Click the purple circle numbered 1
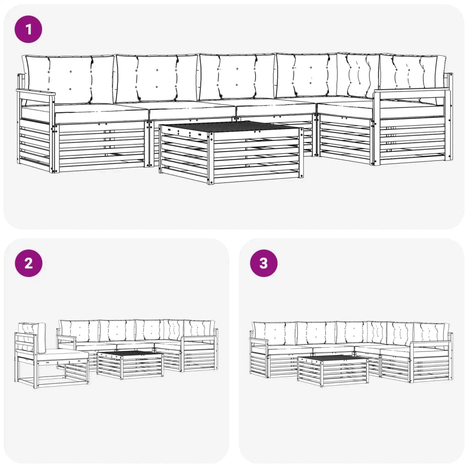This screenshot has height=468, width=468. [28, 30]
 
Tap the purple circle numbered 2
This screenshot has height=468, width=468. [28, 263]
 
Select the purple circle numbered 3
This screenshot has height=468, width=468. [263, 263]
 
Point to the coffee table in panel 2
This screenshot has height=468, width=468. [130, 364]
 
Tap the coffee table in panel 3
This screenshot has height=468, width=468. [332, 370]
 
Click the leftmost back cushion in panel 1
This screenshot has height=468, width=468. [69, 80]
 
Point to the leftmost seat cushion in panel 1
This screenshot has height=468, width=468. [85, 114]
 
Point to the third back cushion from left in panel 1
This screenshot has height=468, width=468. [237, 77]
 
